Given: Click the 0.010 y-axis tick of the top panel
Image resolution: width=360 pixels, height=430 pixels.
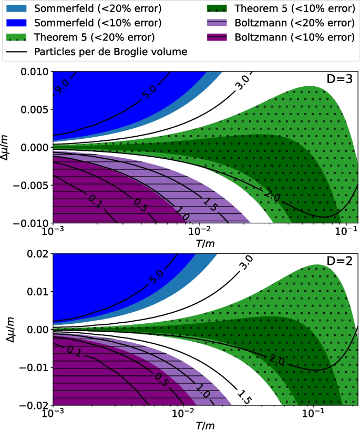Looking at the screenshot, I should coord(34,71).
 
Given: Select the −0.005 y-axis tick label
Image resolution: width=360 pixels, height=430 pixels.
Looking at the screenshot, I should coord(32,186).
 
